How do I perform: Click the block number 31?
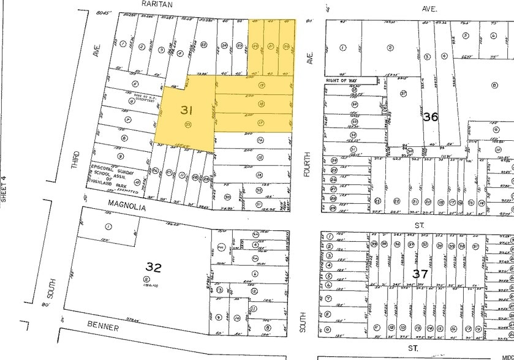(186, 110)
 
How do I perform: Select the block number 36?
(430, 116)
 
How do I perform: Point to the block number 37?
(420, 274)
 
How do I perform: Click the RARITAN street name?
(157, 4)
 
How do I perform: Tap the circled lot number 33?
(187, 124)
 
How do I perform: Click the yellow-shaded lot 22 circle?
(255, 46)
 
